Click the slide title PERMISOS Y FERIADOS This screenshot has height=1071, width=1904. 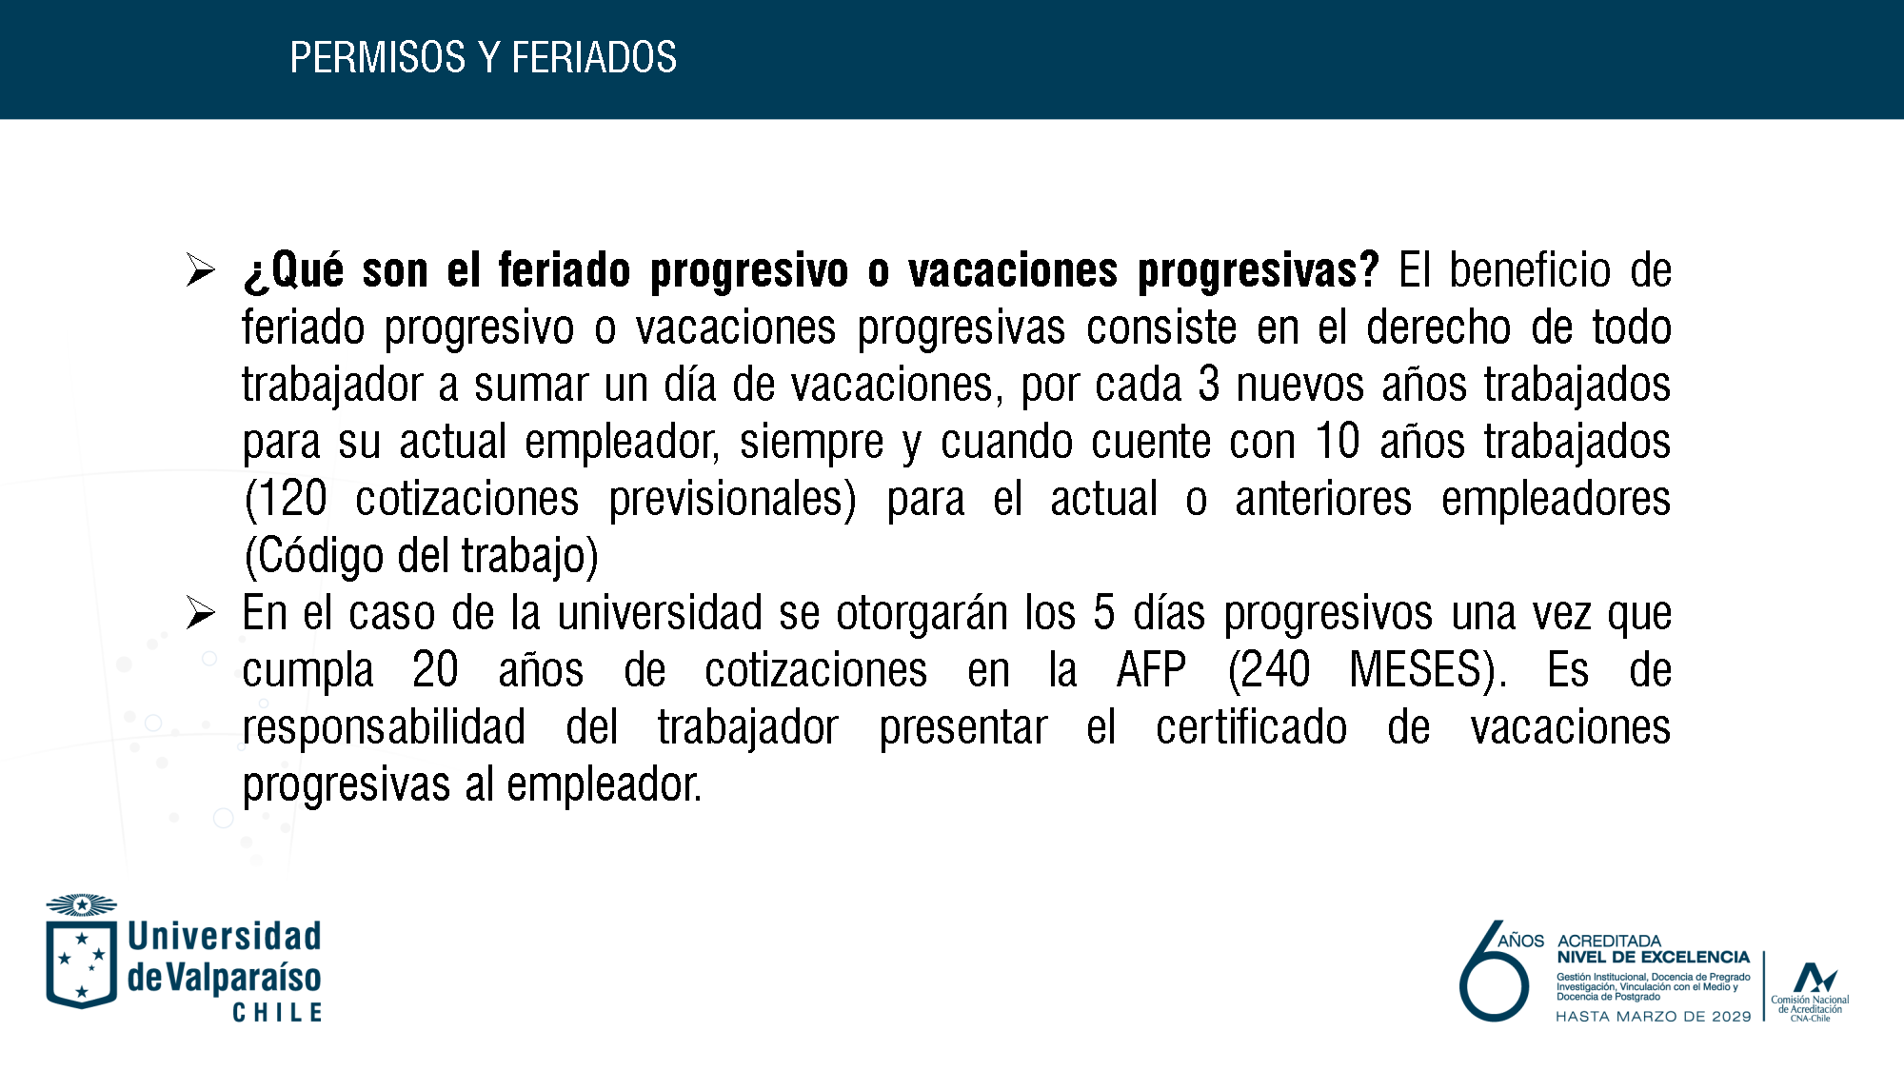[483, 58]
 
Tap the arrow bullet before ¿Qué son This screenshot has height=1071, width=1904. [201, 269]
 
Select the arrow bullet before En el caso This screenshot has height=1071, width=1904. [201, 612]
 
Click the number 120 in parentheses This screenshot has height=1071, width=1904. [292, 499]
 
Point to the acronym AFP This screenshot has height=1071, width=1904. [1151, 670]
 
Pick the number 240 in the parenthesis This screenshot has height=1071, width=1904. [1275, 670]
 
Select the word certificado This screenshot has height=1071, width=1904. [1251, 727]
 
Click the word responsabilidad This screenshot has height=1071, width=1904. [384, 728]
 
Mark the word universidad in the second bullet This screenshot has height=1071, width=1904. [660, 613]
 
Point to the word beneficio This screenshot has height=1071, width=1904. [1530, 270]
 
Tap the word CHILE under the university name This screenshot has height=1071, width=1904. [278, 1013]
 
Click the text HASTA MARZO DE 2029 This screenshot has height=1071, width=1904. [1653, 1017]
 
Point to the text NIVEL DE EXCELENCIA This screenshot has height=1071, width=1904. [1653, 958]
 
